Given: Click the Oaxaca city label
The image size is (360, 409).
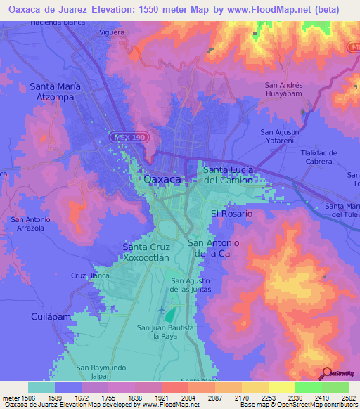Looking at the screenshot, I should click(x=162, y=179).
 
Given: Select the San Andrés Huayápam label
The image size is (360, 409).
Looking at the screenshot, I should click(x=283, y=90).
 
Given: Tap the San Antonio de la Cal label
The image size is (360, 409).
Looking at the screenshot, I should click(x=214, y=248).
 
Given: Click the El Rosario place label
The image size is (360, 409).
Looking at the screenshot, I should click(x=231, y=213).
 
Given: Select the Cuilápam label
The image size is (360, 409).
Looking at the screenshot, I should click(x=52, y=317).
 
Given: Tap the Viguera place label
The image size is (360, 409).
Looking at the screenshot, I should click(x=112, y=32).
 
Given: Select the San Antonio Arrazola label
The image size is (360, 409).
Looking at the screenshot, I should click(x=30, y=224).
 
